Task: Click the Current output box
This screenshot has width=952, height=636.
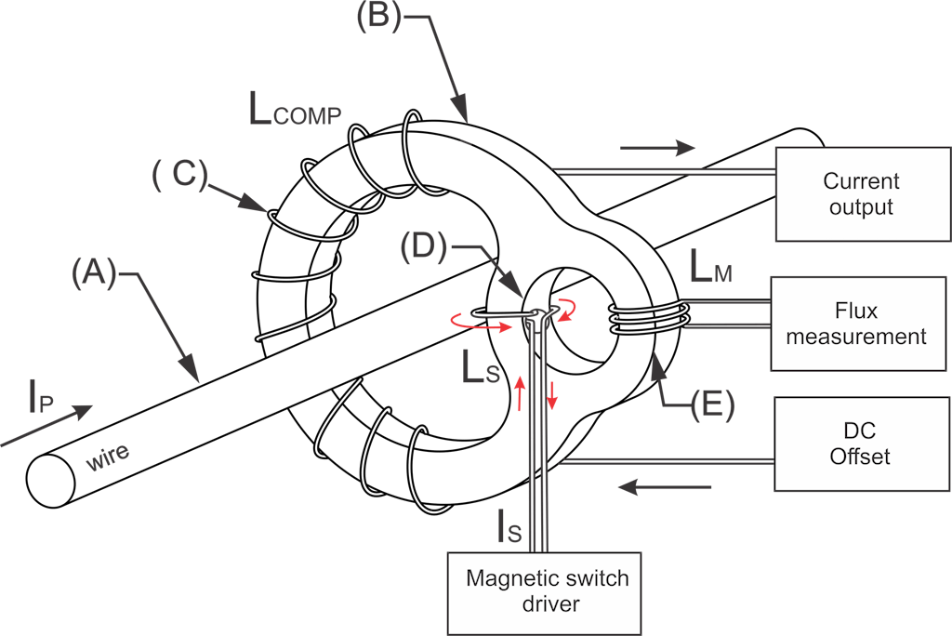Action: click(x=861, y=193)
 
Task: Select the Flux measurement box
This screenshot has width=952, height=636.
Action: click(x=856, y=323)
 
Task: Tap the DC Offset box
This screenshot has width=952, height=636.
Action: click(x=862, y=444)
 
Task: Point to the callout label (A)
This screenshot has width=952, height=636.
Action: click(x=94, y=273)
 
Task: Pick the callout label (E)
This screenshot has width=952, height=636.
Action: click(x=709, y=403)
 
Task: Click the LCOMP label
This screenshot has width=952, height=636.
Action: click(x=295, y=111)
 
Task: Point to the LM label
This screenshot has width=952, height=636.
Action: click(x=711, y=270)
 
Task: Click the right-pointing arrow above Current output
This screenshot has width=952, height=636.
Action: click(x=657, y=147)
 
